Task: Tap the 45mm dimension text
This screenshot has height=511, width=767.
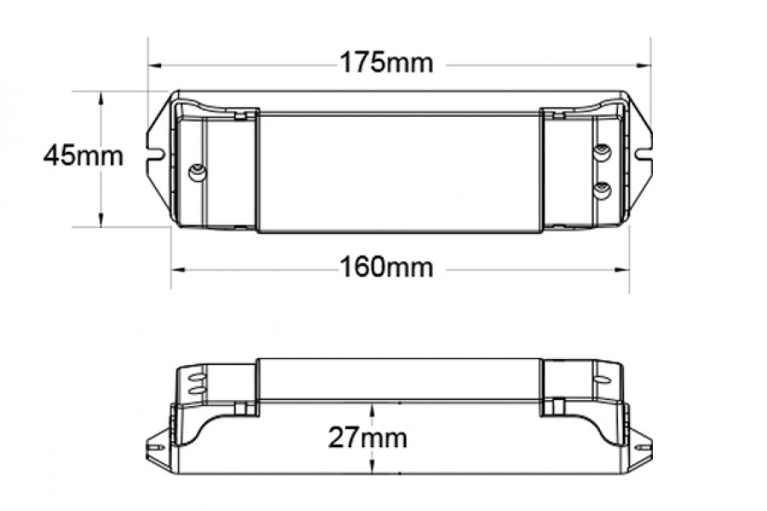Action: click(84, 156)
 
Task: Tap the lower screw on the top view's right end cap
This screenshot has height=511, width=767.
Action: click(603, 189)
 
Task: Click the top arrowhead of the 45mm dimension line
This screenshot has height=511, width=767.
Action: click(101, 97)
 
